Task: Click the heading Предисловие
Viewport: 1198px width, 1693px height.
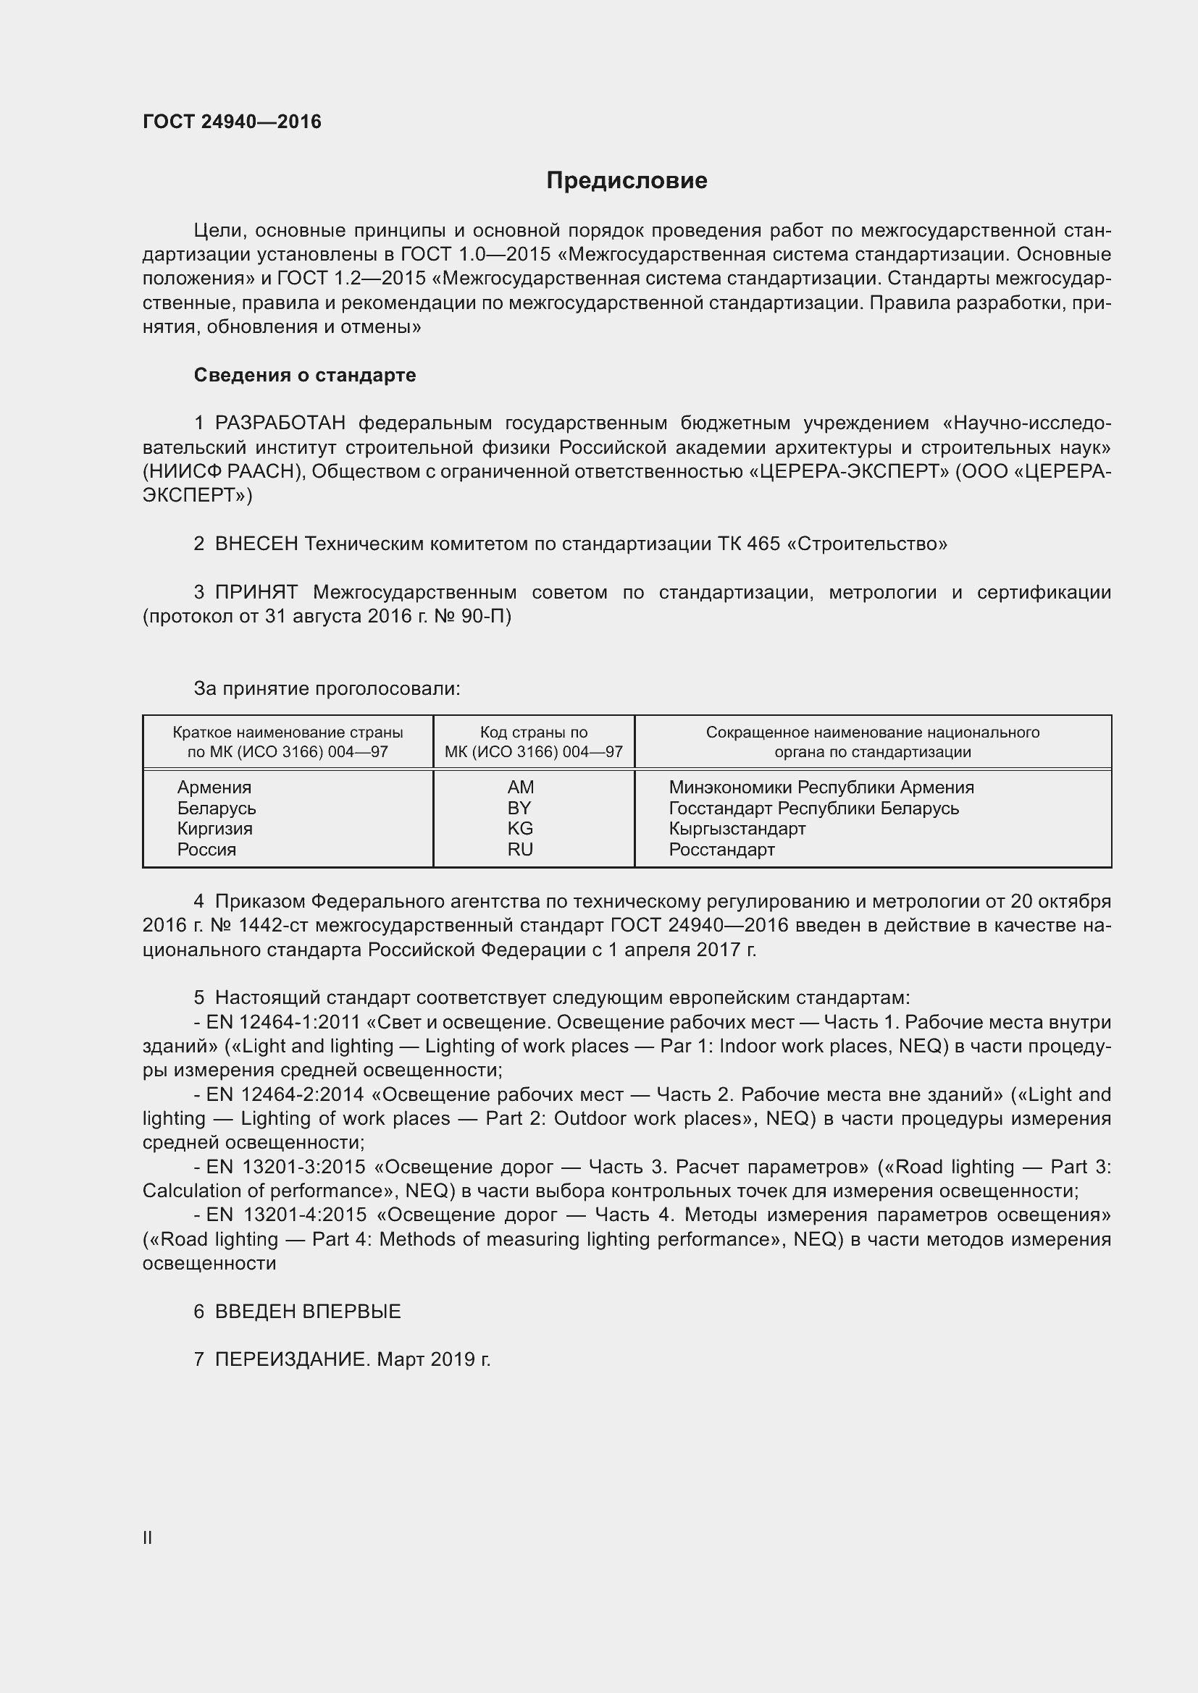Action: click(x=627, y=181)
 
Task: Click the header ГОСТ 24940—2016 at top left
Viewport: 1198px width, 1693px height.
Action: click(x=232, y=122)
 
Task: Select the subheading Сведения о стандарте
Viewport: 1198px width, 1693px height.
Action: click(x=305, y=376)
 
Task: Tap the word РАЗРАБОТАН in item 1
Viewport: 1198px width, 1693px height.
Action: click(x=280, y=423)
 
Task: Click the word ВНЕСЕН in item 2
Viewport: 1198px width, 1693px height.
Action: click(x=256, y=544)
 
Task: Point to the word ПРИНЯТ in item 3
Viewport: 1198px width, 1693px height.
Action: click(x=256, y=592)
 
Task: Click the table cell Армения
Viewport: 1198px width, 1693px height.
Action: click(x=214, y=788)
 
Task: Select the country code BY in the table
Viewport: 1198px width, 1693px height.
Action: click(x=519, y=808)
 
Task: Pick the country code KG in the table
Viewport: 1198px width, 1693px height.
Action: click(x=520, y=829)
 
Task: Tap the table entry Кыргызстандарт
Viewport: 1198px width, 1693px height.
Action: click(x=737, y=829)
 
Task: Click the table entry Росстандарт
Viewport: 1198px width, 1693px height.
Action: click(x=721, y=850)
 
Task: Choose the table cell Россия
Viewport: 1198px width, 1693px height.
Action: click(x=206, y=850)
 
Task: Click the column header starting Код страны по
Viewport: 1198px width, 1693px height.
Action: click(x=533, y=742)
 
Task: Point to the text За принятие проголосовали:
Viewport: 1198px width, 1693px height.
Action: click(x=327, y=688)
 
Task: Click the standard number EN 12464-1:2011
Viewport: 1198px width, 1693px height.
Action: click(x=283, y=1023)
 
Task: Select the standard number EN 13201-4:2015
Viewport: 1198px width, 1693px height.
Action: click(x=286, y=1215)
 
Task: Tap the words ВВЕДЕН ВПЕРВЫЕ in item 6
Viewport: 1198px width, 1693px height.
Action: click(x=308, y=1312)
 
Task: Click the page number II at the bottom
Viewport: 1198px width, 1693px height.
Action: click(x=148, y=1538)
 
